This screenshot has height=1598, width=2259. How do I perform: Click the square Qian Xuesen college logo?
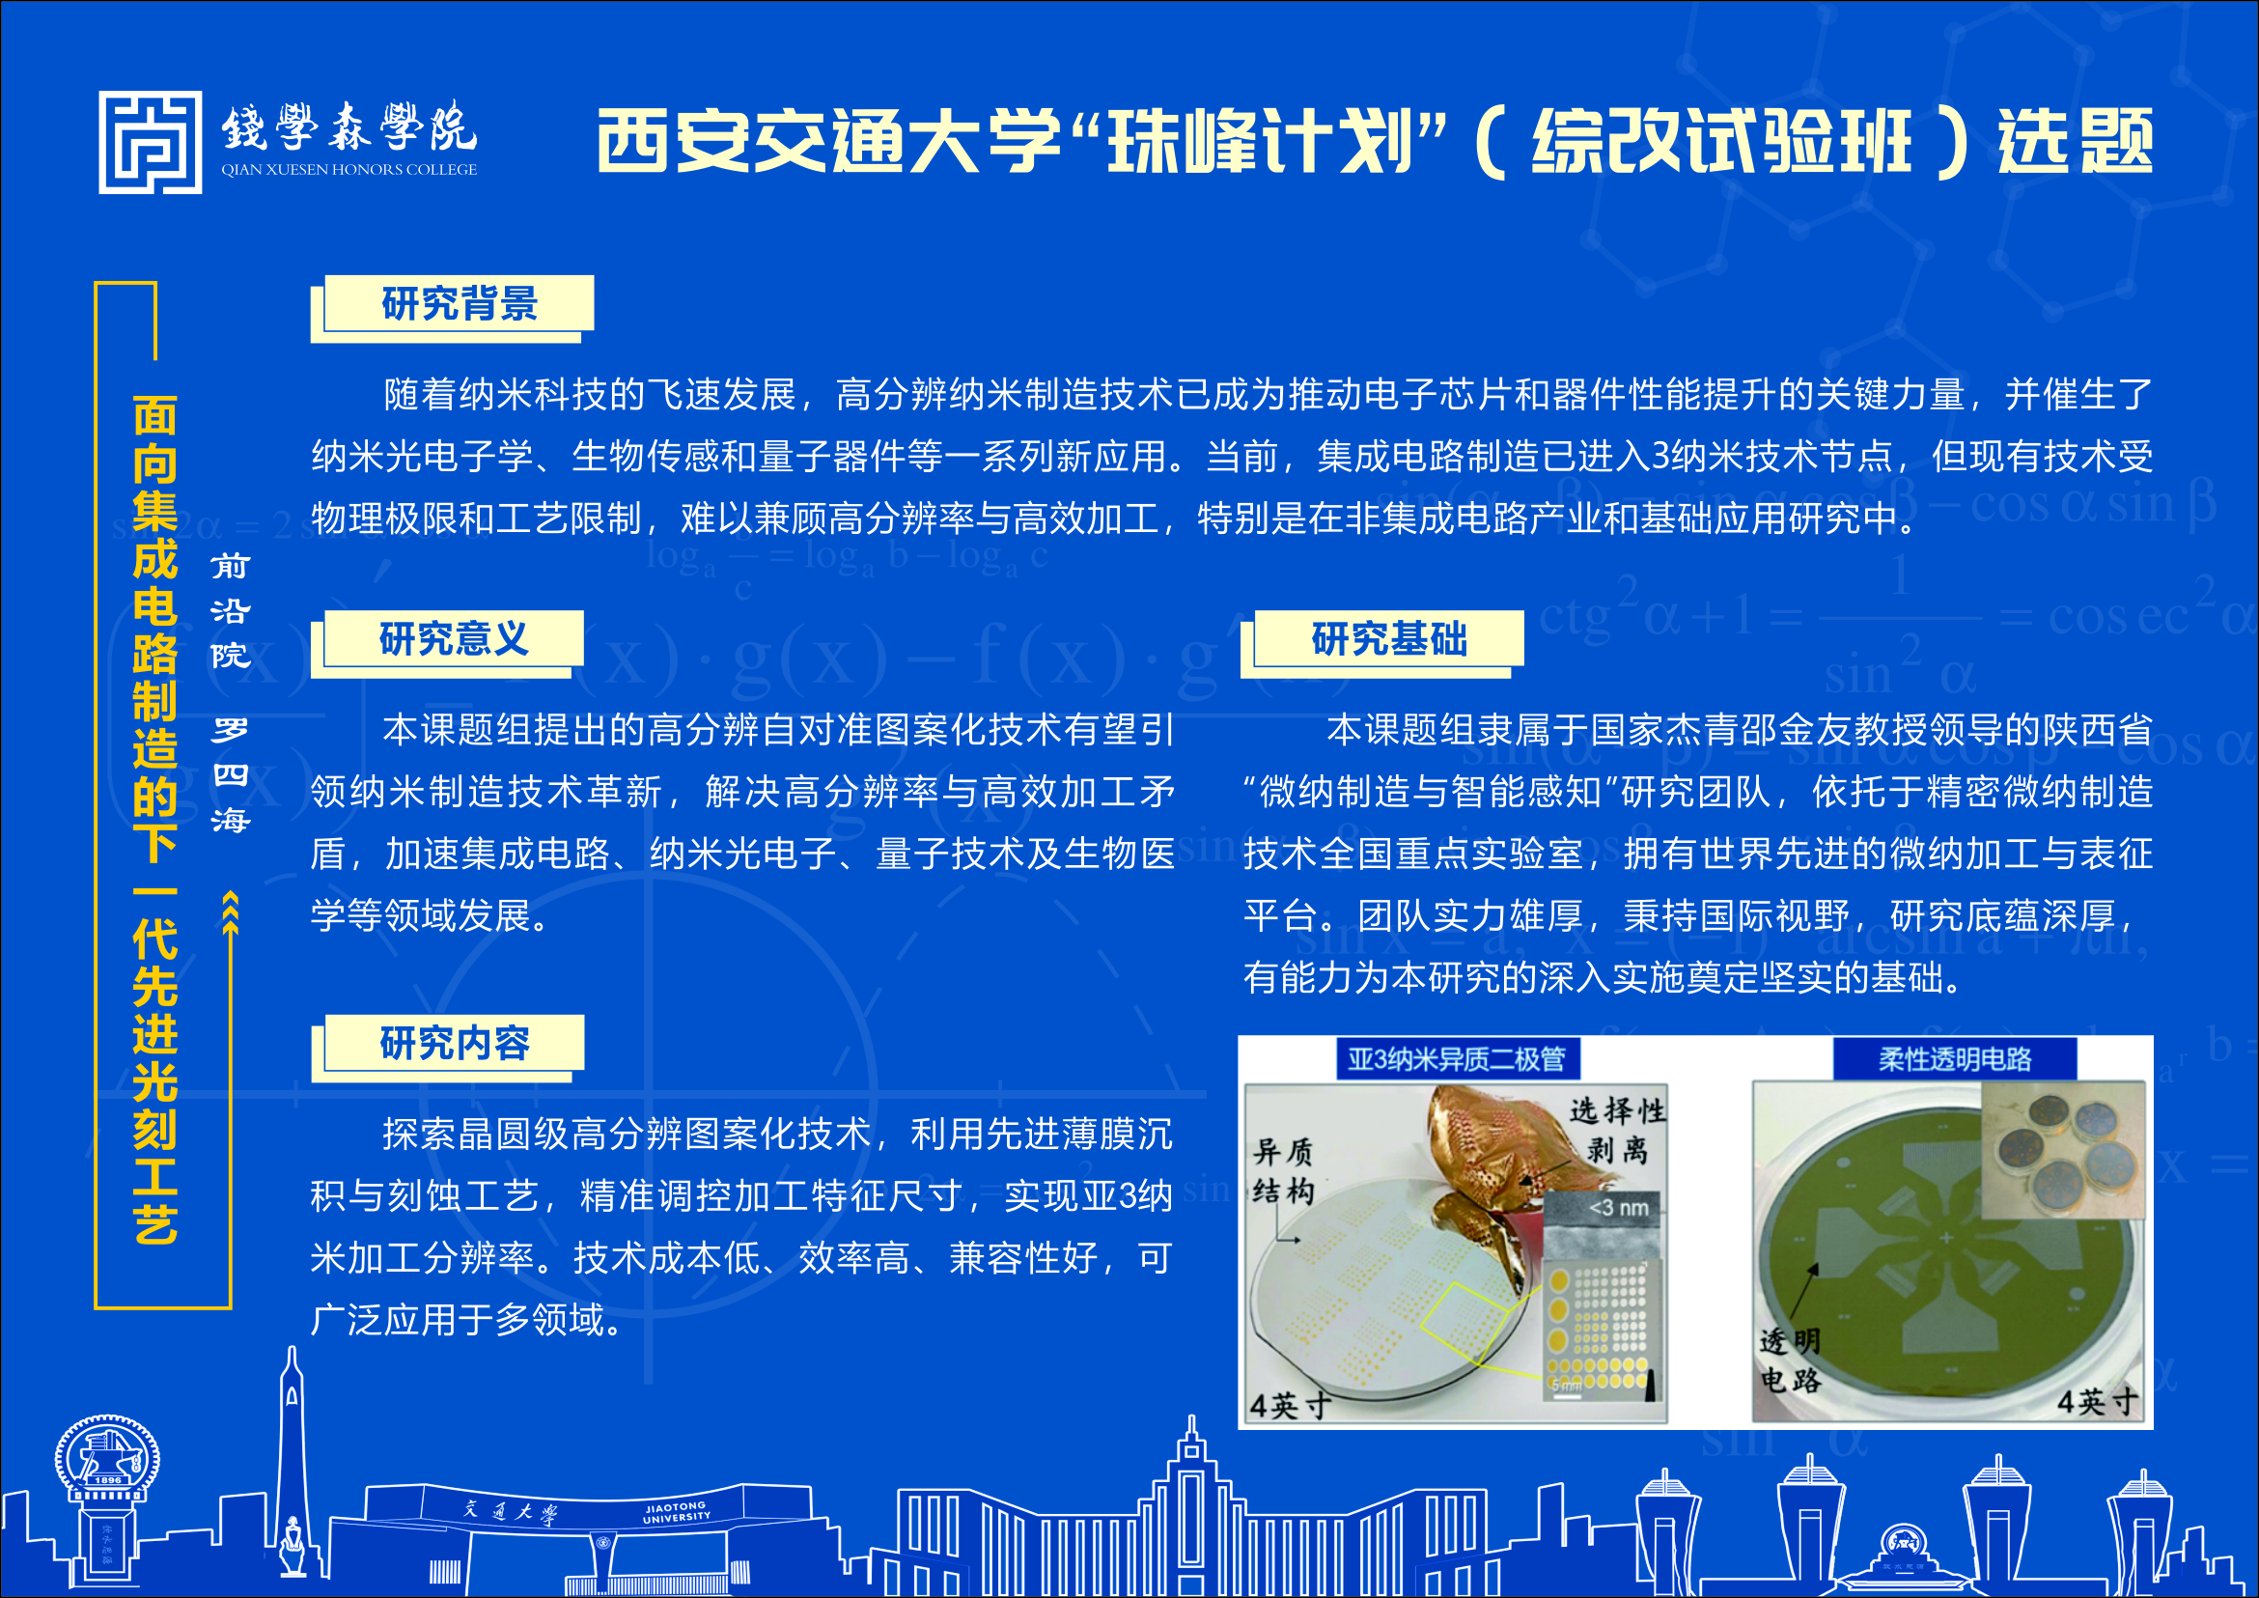pos(150,143)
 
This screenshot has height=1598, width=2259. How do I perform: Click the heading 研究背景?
pos(460,303)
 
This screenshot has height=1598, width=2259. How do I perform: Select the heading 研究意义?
pos(454,638)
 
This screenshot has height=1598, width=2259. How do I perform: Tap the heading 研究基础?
pos(1388,638)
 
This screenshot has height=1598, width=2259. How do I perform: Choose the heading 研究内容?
pos(455,1043)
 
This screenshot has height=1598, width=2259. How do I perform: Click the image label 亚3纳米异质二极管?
pos(1456,1059)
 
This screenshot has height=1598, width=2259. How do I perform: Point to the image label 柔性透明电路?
pos(1954,1059)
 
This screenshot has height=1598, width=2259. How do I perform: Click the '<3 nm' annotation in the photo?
pos(1619,1207)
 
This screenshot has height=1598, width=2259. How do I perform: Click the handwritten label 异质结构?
pos(1283,1171)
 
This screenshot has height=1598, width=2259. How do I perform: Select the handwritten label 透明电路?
pos(1790,1360)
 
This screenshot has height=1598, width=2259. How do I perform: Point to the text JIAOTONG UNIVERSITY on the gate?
pos(676,1512)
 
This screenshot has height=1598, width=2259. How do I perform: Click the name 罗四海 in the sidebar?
pos(230,775)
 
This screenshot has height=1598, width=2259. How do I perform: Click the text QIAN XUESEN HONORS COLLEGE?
pos(349,169)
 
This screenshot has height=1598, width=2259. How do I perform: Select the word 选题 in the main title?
pos(2075,141)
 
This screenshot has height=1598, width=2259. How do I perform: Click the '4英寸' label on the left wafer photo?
pos(1290,1403)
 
